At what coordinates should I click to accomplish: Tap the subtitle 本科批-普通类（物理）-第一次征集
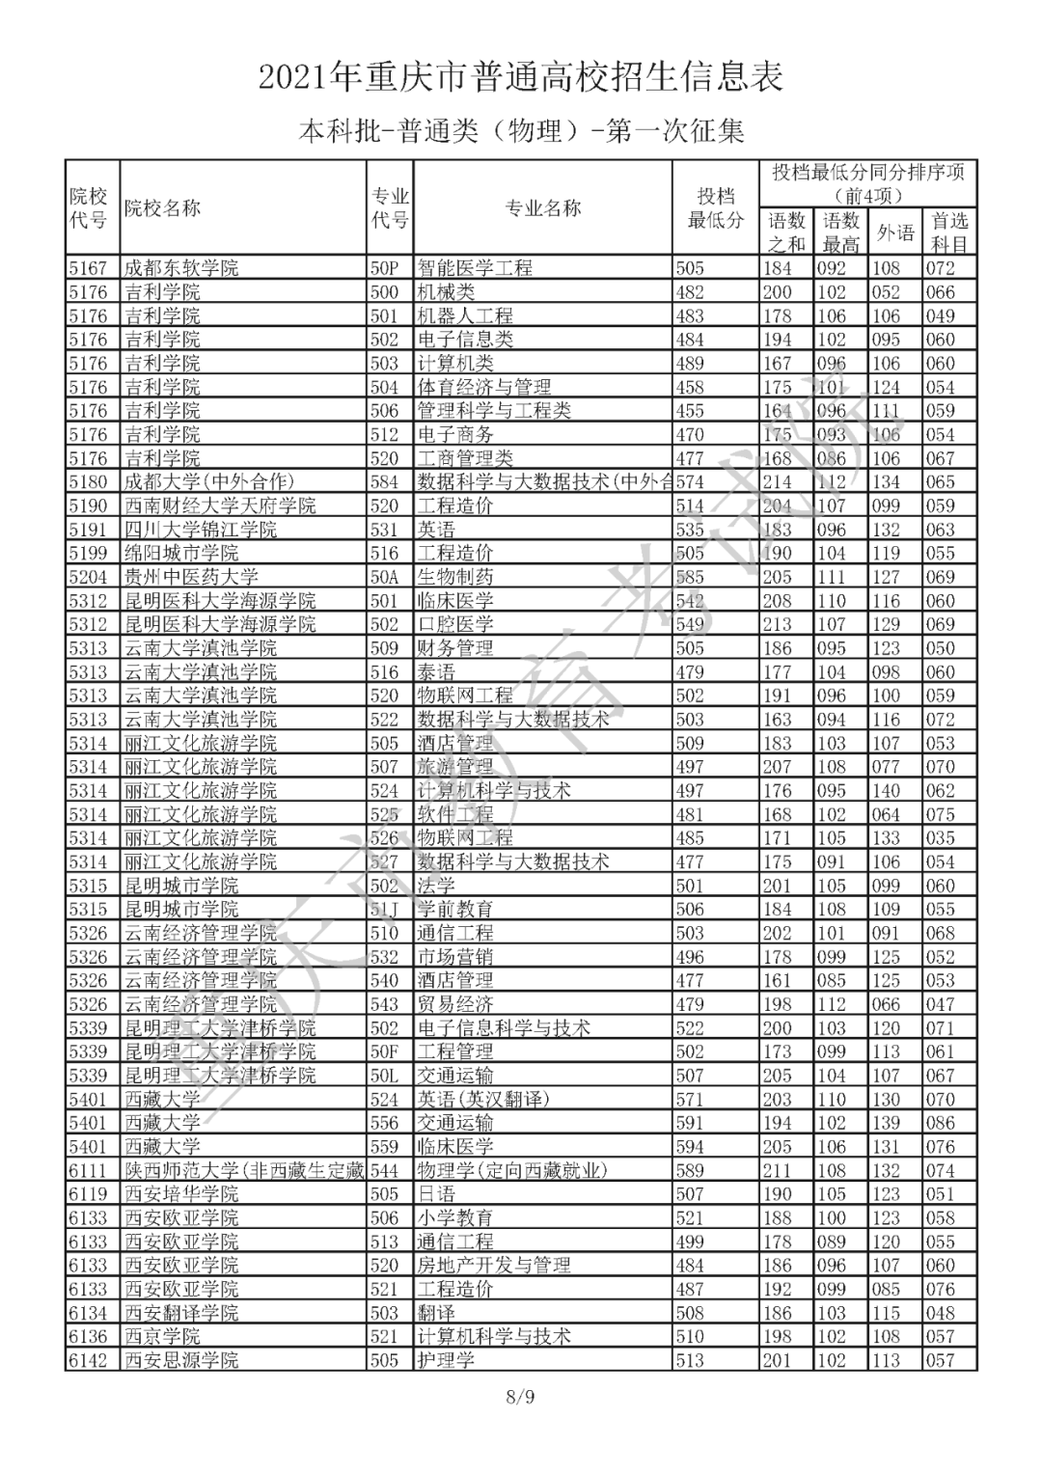521,130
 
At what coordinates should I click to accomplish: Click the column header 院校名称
162,208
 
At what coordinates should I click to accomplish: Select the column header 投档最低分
715,208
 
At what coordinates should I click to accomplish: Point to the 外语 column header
895,232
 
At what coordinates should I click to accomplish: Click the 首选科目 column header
949,232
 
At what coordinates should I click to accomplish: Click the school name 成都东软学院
181,268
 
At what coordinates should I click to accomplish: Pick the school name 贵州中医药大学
191,577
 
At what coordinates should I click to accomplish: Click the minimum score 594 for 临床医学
690,1147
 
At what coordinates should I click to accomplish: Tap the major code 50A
384,577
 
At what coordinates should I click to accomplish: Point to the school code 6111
88,1170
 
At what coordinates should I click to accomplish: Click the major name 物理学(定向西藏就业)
513,1170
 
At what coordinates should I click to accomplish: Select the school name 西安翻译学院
181,1313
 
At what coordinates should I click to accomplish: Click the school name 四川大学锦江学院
201,530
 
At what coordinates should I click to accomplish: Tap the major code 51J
384,910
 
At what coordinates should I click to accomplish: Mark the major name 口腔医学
455,624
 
